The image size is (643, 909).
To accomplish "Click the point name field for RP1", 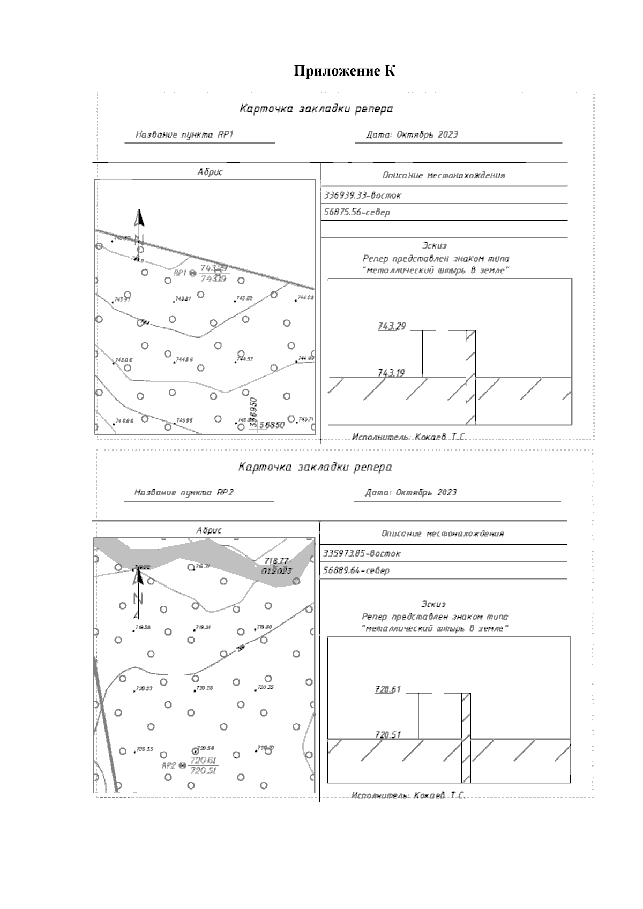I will click(x=185, y=135).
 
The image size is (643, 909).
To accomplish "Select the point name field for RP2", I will click(x=184, y=493).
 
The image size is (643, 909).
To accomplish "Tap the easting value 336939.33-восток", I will click(x=363, y=196).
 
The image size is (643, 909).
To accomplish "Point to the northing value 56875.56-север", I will click(x=357, y=212).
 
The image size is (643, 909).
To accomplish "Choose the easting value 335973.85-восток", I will click(x=362, y=553).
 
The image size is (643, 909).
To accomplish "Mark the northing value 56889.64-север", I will click(x=356, y=570).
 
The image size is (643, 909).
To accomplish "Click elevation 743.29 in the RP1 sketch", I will click(x=392, y=326).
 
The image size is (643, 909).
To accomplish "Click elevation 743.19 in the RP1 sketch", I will click(x=391, y=373).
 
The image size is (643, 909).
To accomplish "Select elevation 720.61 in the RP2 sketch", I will click(x=388, y=689).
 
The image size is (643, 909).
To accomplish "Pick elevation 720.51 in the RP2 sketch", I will click(x=388, y=735).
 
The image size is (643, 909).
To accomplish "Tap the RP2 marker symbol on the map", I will click(x=182, y=766).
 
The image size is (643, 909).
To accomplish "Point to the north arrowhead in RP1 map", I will click(x=139, y=217).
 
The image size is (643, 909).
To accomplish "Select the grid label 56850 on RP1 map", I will click(x=272, y=425).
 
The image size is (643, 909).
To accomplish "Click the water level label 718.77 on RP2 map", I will click(x=276, y=561).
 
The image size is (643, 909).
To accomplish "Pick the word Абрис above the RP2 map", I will click(x=209, y=530).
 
